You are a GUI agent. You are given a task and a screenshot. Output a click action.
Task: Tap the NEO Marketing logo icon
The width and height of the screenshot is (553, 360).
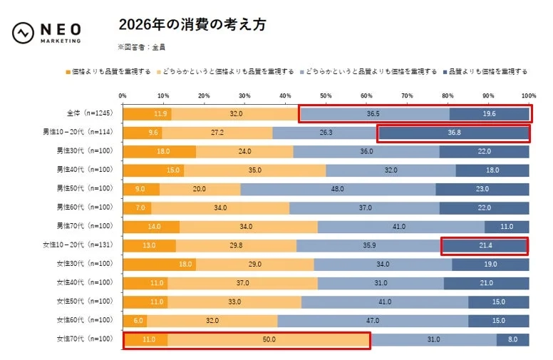click(24, 32)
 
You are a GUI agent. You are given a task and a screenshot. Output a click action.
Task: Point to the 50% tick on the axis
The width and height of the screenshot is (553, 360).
click(326, 95)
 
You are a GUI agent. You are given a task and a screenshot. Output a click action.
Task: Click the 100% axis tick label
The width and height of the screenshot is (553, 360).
click(528, 95)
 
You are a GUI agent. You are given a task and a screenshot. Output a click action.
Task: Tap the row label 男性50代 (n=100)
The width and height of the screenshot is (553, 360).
click(85, 189)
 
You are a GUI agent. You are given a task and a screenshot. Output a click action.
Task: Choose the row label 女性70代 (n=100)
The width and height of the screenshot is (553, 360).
click(85, 339)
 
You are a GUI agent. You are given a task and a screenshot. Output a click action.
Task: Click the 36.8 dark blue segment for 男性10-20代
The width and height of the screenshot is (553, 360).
click(453, 133)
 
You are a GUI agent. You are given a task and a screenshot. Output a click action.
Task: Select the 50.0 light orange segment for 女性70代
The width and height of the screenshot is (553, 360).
click(269, 339)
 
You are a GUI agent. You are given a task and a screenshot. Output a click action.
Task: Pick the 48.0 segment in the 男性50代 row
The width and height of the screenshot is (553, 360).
click(338, 189)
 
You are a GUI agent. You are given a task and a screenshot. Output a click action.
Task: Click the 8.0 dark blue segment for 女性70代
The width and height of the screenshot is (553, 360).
click(512, 339)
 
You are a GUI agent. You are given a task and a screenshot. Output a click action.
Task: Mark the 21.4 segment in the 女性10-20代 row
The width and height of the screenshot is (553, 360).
click(485, 245)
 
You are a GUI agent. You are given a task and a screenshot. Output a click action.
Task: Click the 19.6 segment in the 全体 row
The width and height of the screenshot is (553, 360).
click(489, 114)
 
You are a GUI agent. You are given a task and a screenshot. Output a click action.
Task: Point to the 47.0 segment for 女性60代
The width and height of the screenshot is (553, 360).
click(372, 321)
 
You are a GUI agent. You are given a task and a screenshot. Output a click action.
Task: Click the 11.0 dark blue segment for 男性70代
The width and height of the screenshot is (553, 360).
click(507, 227)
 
